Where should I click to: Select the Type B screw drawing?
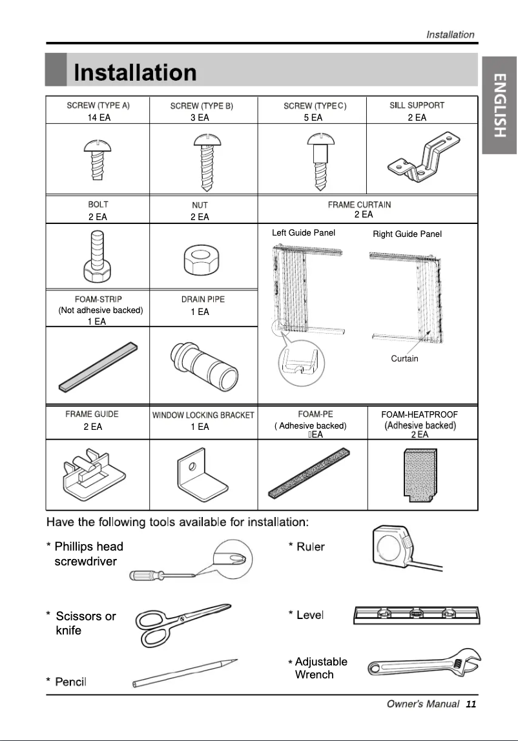(x=203, y=162)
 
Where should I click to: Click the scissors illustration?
(x=181, y=622)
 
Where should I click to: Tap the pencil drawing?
(x=185, y=673)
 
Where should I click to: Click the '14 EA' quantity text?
(x=99, y=117)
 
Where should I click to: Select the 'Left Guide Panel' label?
(x=304, y=233)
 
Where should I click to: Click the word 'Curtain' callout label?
(x=404, y=359)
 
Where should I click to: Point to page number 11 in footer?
(x=470, y=704)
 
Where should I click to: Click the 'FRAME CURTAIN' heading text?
(x=359, y=205)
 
